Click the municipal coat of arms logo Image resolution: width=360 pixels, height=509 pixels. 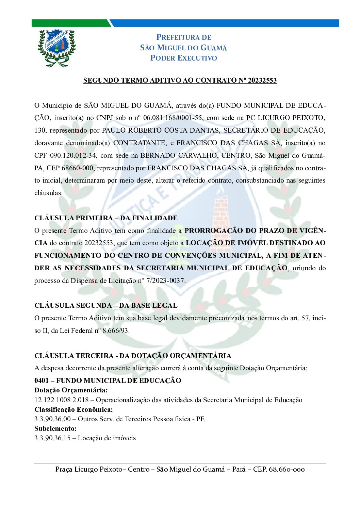click(x=56, y=48)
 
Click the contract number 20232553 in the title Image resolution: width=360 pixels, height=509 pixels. click(x=262, y=81)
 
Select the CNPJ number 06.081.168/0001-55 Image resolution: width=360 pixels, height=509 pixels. click(x=173, y=118)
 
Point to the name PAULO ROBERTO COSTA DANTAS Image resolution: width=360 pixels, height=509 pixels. click(x=161, y=131)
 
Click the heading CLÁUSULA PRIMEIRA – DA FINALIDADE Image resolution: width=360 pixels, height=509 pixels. click(x=106, y=218)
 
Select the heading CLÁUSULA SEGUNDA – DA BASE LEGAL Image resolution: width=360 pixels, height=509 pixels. click(x=106, y=305)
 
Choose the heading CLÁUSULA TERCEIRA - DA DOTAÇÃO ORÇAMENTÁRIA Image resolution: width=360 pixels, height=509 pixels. click(x=133, y=356)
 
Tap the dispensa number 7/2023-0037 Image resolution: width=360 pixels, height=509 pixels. click(x=166, y=281)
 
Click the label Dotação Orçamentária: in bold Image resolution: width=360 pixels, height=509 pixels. click(x=71, y=390)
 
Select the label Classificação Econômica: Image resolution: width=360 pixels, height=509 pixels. click(x=73, y=409)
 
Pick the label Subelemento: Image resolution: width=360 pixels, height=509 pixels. click(x=55, y=428)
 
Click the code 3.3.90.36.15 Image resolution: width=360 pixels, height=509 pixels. click(x=52, y=438)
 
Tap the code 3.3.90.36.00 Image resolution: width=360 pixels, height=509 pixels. click(x=52, y=419)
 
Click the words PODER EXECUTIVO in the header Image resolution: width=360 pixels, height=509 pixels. click(x=183, y=58)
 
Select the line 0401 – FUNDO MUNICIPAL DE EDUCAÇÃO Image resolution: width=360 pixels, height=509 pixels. click(x=108, y=380)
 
